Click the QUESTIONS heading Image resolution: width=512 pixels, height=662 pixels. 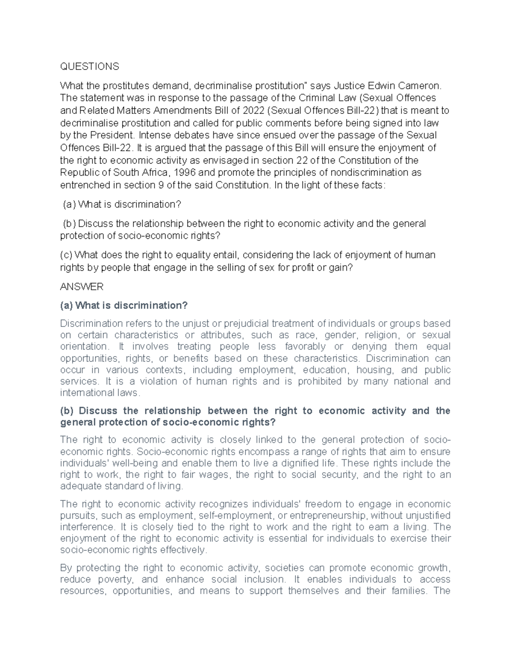(x=89, y=66)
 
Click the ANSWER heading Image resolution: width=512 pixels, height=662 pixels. (x=81, y=286)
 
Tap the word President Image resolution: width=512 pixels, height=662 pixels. (x=111, y=136)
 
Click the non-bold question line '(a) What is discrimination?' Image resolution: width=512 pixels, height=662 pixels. (x=122, y=205)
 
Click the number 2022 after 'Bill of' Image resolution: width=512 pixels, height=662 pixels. (x=253, y=111)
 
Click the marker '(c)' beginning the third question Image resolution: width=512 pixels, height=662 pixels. (x=66, y=255)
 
